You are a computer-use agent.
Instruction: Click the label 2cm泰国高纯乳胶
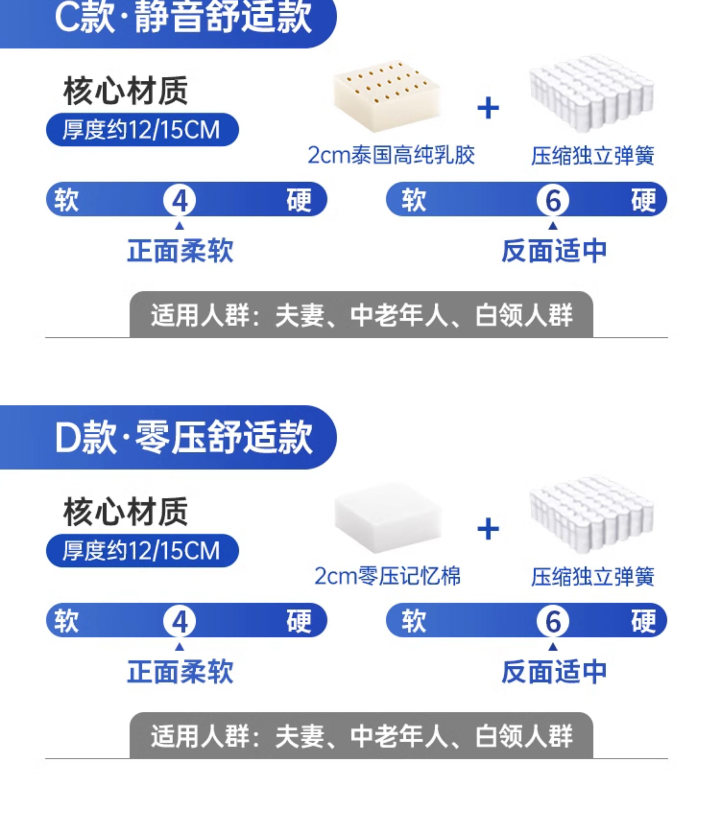[x=391, y=155]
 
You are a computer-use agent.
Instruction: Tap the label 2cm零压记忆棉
[x=387, y=576]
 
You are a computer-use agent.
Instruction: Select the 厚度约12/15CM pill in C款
[x=142, y=130]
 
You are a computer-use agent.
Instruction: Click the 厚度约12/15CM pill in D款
[x=142, y=551]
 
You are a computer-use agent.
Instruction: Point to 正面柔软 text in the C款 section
[x=180, y=251]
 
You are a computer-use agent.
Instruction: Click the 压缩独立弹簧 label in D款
[x=592, y=577]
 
